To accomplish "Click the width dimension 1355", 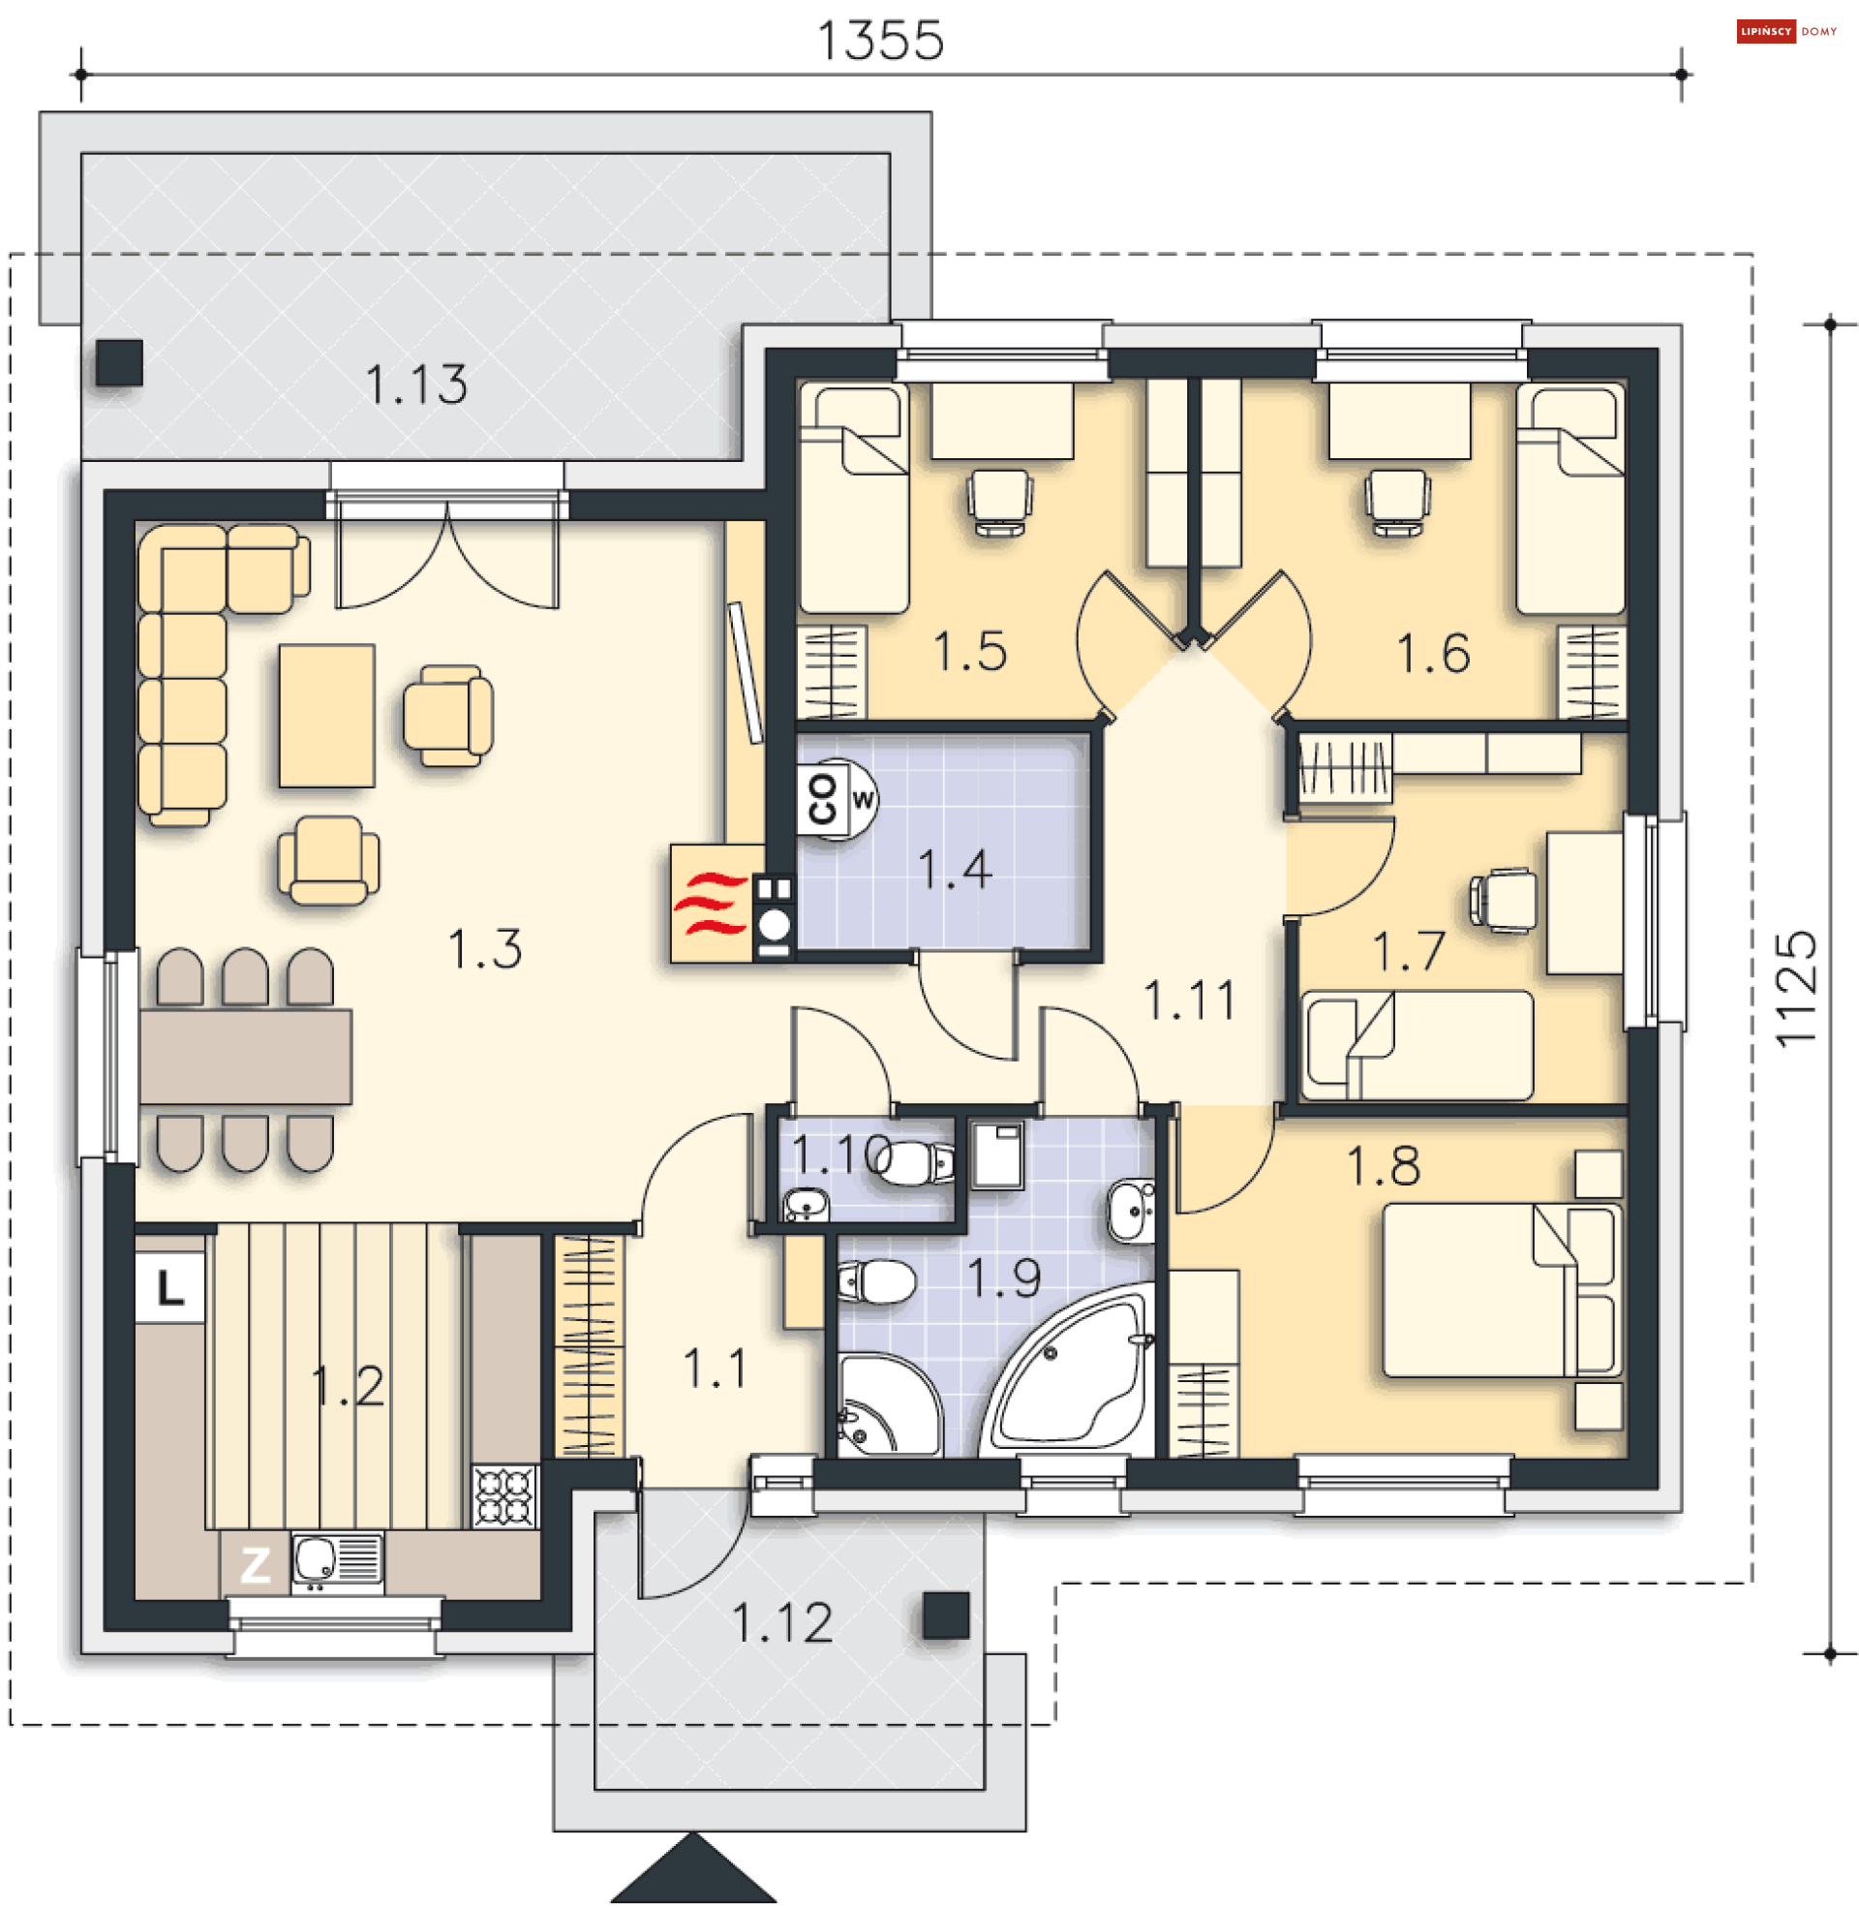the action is (x=881, y=41).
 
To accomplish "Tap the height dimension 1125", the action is (x=1795, y=989).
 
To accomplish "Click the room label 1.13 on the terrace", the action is (x=417, y=385).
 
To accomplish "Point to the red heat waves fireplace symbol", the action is (x=711, y=905).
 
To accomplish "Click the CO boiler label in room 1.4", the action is (x=822, y=800).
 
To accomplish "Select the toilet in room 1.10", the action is (x=914, y=1162).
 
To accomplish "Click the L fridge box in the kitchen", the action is (x=169, y=1289).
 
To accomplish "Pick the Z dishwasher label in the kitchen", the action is (x=256, y=1565).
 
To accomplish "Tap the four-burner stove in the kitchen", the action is (x=505, y=1496).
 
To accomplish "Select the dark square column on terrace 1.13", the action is (x=120, y=363).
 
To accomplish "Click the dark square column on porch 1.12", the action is (x=946, y=1616).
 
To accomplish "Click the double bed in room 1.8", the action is (x=1502, y=1291).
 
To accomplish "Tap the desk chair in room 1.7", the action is (x=1504, y=900).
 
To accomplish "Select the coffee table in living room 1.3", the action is (x=327, y=716).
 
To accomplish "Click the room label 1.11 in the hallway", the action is (x=1189, y=1001).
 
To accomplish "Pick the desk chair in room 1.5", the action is (x=1001, y=503).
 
